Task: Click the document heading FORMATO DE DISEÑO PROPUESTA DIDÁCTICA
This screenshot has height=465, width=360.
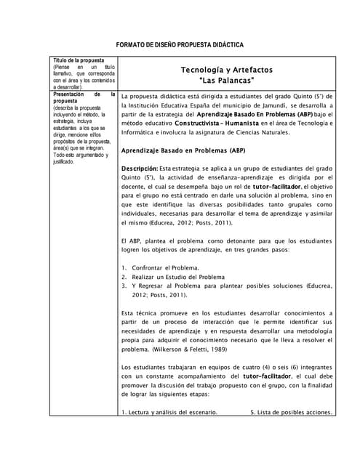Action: click(180, 44)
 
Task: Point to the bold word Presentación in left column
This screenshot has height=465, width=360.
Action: click(68, 94)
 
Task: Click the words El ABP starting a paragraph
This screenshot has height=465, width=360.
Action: click(131, 240)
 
